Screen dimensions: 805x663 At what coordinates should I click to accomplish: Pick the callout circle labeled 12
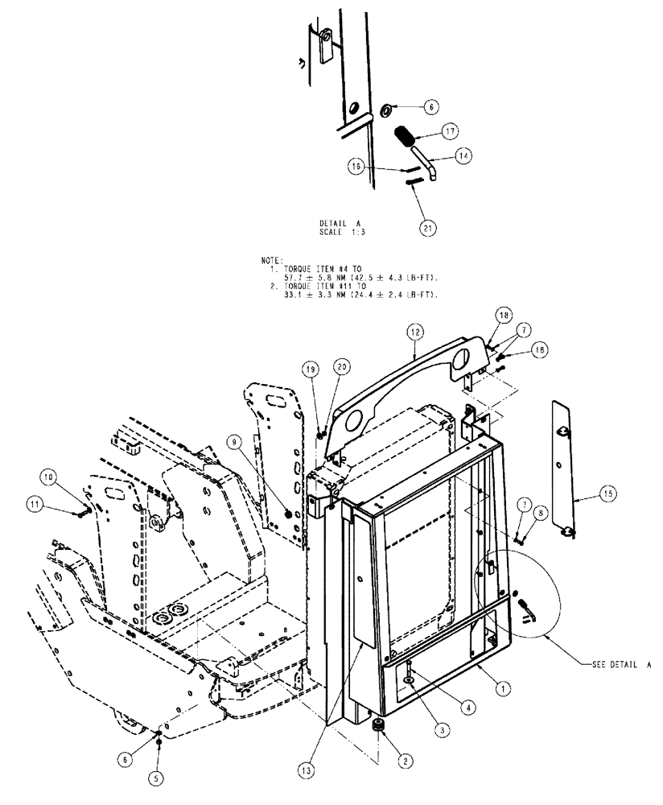click(x=414, y=331)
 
